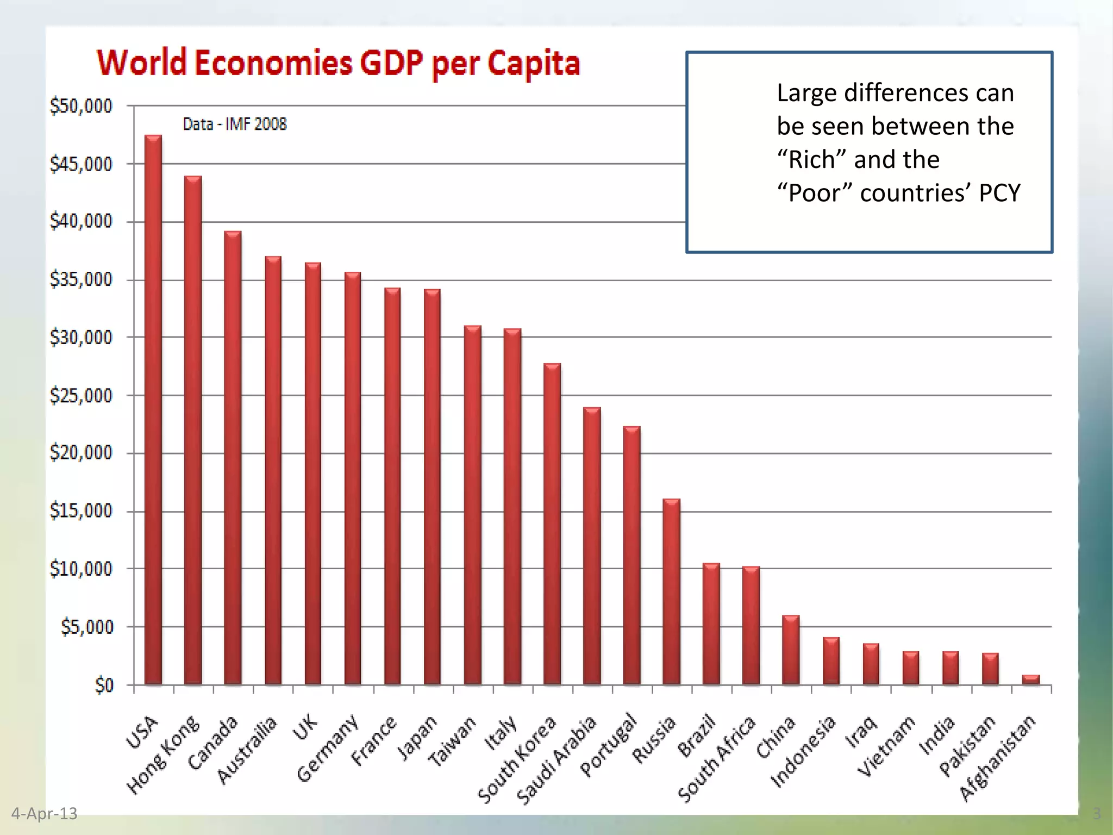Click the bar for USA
coord(153,410)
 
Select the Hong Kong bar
coord(193,429)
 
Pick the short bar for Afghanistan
coord(1030,680)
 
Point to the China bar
coord(791,650)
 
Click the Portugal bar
coord(631,555)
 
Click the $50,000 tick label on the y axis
coord(81,106)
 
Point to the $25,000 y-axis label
coord(81,396)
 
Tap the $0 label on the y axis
coord(104,686)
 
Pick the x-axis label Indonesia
coord(804,751)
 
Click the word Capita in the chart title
coord(534,64)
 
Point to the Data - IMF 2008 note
coord(234,124)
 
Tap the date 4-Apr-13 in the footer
coord(44,814)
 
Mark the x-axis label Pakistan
coord(968,745)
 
